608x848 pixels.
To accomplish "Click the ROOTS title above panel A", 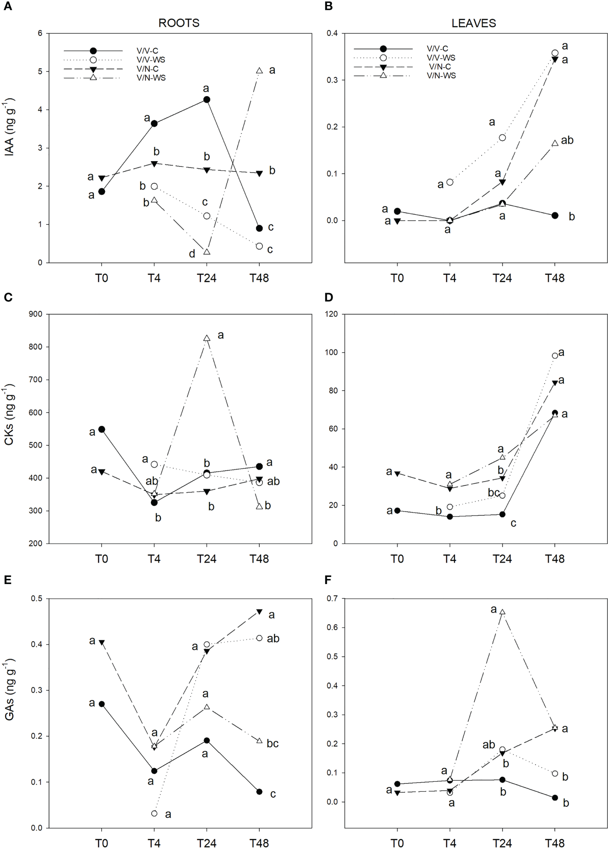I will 179,23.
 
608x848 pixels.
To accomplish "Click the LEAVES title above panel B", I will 474,23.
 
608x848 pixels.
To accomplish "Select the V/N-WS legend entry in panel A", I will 151,78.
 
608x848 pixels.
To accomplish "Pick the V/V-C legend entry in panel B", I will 437,49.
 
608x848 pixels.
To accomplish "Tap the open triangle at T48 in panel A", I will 259,71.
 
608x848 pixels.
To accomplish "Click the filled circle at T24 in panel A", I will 207,99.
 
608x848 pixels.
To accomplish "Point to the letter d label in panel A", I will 192,254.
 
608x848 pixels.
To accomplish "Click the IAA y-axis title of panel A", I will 10,127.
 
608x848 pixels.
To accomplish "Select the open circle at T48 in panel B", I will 555,53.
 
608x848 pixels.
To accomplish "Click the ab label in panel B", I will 567,140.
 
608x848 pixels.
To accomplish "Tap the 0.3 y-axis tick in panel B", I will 332,80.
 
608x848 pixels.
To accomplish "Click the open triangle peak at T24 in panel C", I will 207,338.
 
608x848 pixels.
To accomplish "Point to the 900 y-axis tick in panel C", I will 35,314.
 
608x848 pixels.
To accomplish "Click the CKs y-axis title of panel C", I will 10,414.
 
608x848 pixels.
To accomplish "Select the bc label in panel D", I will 494,493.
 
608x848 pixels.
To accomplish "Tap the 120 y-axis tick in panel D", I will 331,314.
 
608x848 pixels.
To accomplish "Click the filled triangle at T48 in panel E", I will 259,612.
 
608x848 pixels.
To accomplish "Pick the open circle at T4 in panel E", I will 154,813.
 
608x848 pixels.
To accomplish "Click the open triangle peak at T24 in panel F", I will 502,612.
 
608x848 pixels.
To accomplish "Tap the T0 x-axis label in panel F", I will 397,843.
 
